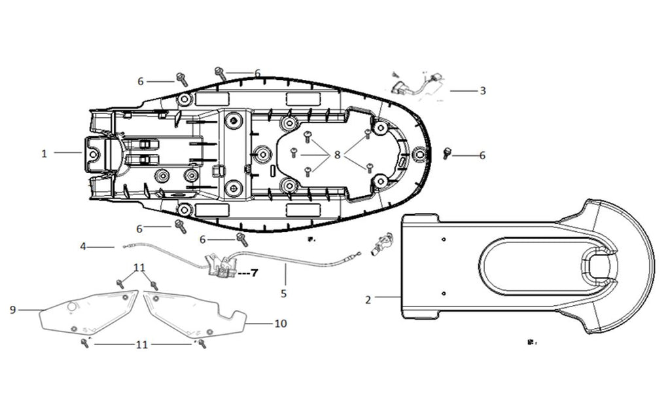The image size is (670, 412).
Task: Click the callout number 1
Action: click(44, 153)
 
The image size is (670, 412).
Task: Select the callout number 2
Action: click(368, 299)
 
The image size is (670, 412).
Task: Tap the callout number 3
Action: click(482, 90)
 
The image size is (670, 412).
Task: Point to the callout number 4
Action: click(83, 247)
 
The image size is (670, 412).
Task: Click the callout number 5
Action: click(283, 293)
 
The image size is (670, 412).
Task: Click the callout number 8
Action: click(337, 155)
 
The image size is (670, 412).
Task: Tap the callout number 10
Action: click(281, 324)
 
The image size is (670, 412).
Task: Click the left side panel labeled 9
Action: click(88, 312)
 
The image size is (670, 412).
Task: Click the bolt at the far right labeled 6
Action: click(448, 153)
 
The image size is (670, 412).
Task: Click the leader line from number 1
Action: click(67, 153)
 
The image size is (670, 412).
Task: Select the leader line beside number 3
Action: click(463, 90)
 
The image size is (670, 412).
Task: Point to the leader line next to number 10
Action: click(260, 323)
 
